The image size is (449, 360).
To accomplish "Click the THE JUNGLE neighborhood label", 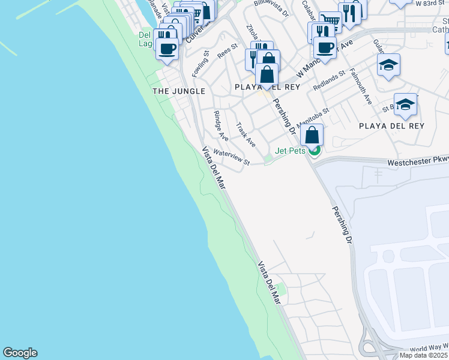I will click(x=179, y=91).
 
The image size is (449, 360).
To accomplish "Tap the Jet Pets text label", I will click(x=291, y=151).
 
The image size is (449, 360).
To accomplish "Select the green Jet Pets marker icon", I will click(x=314, y=150).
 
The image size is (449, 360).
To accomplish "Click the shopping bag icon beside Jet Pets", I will click(x=312, y=135).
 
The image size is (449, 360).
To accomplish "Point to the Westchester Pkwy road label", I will click(x=417, y=162).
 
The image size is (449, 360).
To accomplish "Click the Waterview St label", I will click(x=231, y=157).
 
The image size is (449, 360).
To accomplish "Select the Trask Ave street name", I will click(x=246, y=135).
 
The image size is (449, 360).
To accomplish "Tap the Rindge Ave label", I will click(x=220, y=124).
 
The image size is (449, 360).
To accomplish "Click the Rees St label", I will click(x=228, y=50).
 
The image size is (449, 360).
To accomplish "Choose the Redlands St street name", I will click(x=329, y=82).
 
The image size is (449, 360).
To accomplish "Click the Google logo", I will click(x=20, y=353).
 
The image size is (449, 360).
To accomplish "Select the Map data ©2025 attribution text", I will click(x=424, y=355).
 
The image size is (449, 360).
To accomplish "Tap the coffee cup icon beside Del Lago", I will click(x=167, y=49).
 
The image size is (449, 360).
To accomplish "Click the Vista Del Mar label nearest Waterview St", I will click(x=214, y=169).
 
